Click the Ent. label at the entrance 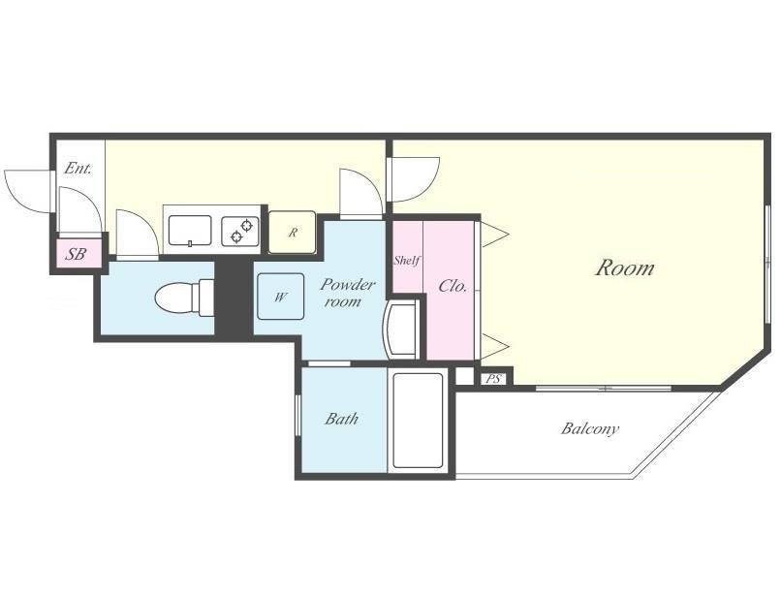[78, 169]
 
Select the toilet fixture [184, 298]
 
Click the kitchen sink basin [190, 231]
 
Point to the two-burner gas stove [240, 231]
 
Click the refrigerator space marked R [293, 232]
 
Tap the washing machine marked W [280, 297]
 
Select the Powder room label [347, 293]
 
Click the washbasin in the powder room [401, 329]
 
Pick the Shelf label [407, 260]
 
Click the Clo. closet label [453, 286]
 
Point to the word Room [625, 267]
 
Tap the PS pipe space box [493, 379]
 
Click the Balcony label [590, 428]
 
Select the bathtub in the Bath [418, 420]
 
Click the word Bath [341, 419]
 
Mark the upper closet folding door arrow [494, 234]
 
